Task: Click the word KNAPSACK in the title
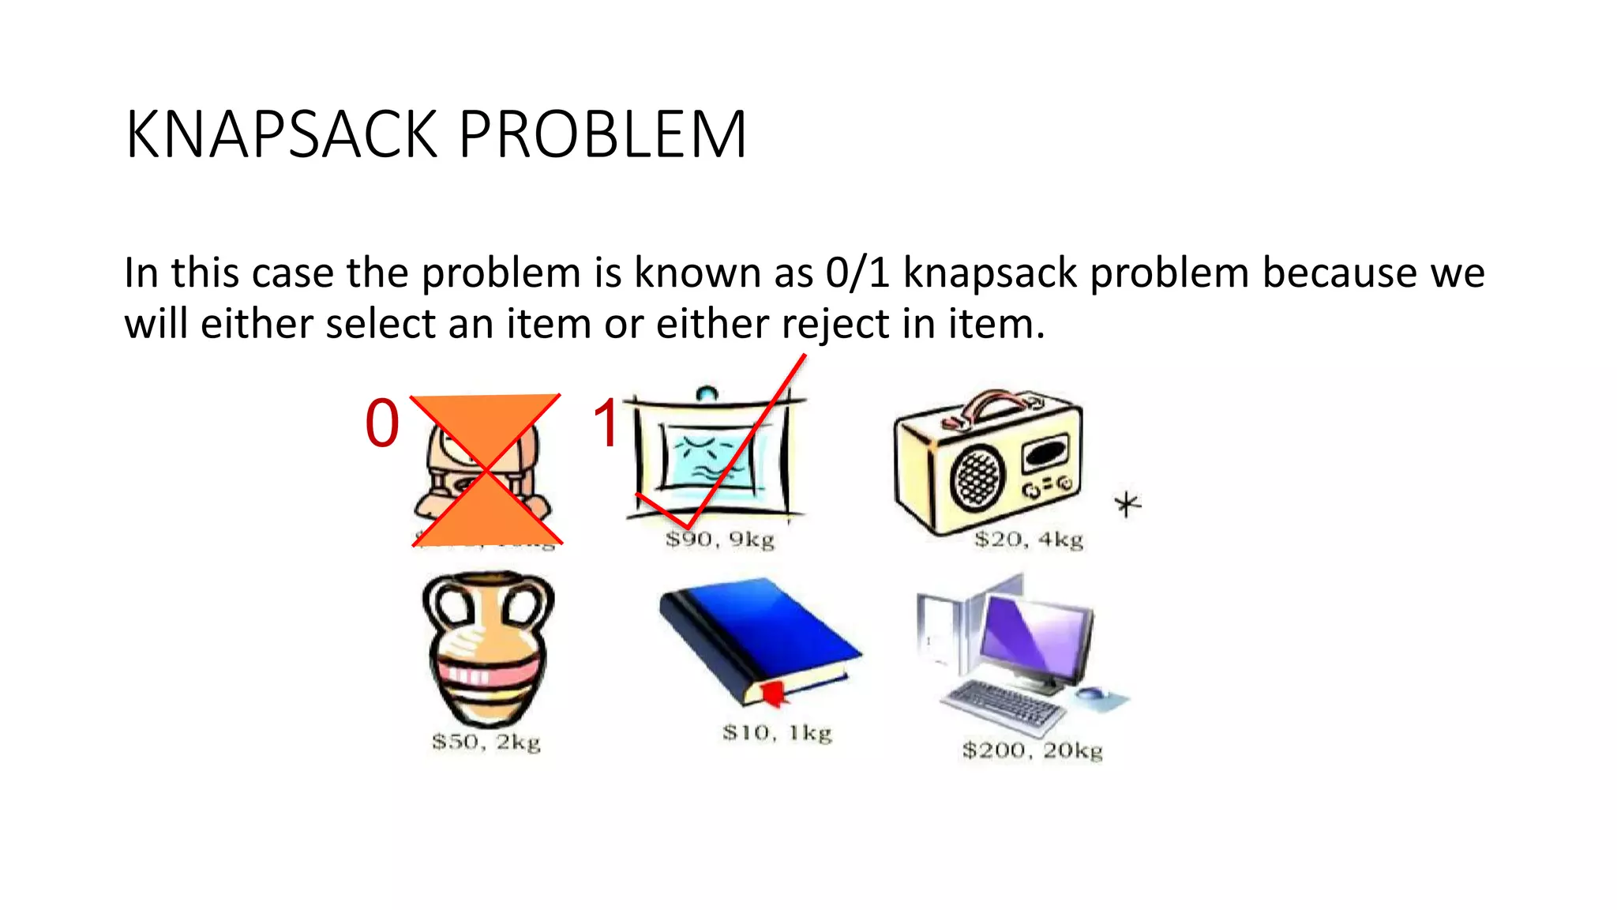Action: [x=281, y=135]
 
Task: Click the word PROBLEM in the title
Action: [x=602, y=135]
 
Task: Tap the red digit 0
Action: [x=382, y=424]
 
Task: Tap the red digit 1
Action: [x=606, y=424]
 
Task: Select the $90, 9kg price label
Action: [x=719, y=540]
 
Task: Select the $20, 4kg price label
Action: [x=1028, y=540]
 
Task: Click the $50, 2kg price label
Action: [x=486, y=742]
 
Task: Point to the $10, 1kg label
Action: [x=777, y=733]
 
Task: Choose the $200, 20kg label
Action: [x=1031, y=750]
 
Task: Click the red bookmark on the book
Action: [x=774, y=694]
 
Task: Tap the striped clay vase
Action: [x=487, y=648]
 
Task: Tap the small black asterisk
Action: [x=1127, y=504]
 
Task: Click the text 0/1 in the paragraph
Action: [x=857, y=273]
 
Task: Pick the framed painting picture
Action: [x=711, y=458]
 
